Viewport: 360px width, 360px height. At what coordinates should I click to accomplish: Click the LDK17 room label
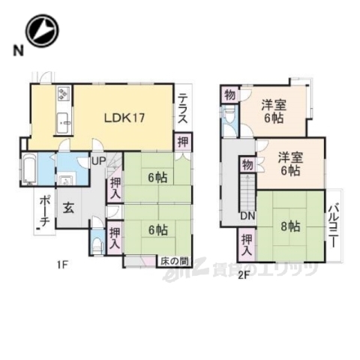pos(123,117)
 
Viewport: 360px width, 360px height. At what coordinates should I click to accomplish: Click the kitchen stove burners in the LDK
pos(63,96)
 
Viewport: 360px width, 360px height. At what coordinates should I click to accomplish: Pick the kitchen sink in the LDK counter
pos(62,120)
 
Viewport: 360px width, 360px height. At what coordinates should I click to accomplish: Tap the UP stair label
pos(98,160)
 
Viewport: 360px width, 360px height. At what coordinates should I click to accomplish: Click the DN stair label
pos(245,216)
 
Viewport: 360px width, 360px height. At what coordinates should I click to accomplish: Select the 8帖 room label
pos(289,224)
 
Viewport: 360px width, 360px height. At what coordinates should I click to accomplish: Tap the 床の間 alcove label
pos(173,260)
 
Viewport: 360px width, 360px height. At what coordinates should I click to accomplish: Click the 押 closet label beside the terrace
pos(183,141)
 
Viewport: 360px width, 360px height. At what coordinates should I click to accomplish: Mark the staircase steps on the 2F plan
pos(246,193)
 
